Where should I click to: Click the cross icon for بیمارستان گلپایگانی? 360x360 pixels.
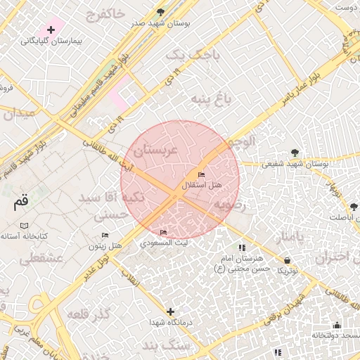(x=51, y=30)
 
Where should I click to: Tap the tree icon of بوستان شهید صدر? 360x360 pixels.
(x=160, y=12)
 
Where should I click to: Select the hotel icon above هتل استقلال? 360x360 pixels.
(x=202, y=174)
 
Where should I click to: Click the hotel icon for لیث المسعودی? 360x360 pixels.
(x=164, y=232)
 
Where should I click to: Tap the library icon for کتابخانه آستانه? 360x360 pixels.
(x=25, y=225)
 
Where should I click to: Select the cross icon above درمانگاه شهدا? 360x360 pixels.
(x=170, y=311)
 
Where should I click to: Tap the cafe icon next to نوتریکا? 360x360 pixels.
(x=287, y=259)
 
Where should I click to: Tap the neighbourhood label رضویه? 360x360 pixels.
(x=232, y=205)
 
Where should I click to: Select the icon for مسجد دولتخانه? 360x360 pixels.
(x=337, y=325)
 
